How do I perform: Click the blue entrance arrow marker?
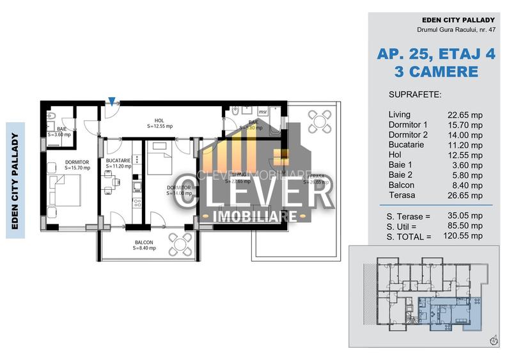point(112,101)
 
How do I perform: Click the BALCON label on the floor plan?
point(143,242)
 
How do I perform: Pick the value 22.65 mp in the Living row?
point(465,114)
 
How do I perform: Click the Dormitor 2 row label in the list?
point(408,135)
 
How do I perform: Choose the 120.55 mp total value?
point(465,236)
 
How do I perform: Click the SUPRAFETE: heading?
point(414,95)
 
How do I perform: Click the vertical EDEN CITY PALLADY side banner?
point(15,180)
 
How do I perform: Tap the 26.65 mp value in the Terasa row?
point(465,195)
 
